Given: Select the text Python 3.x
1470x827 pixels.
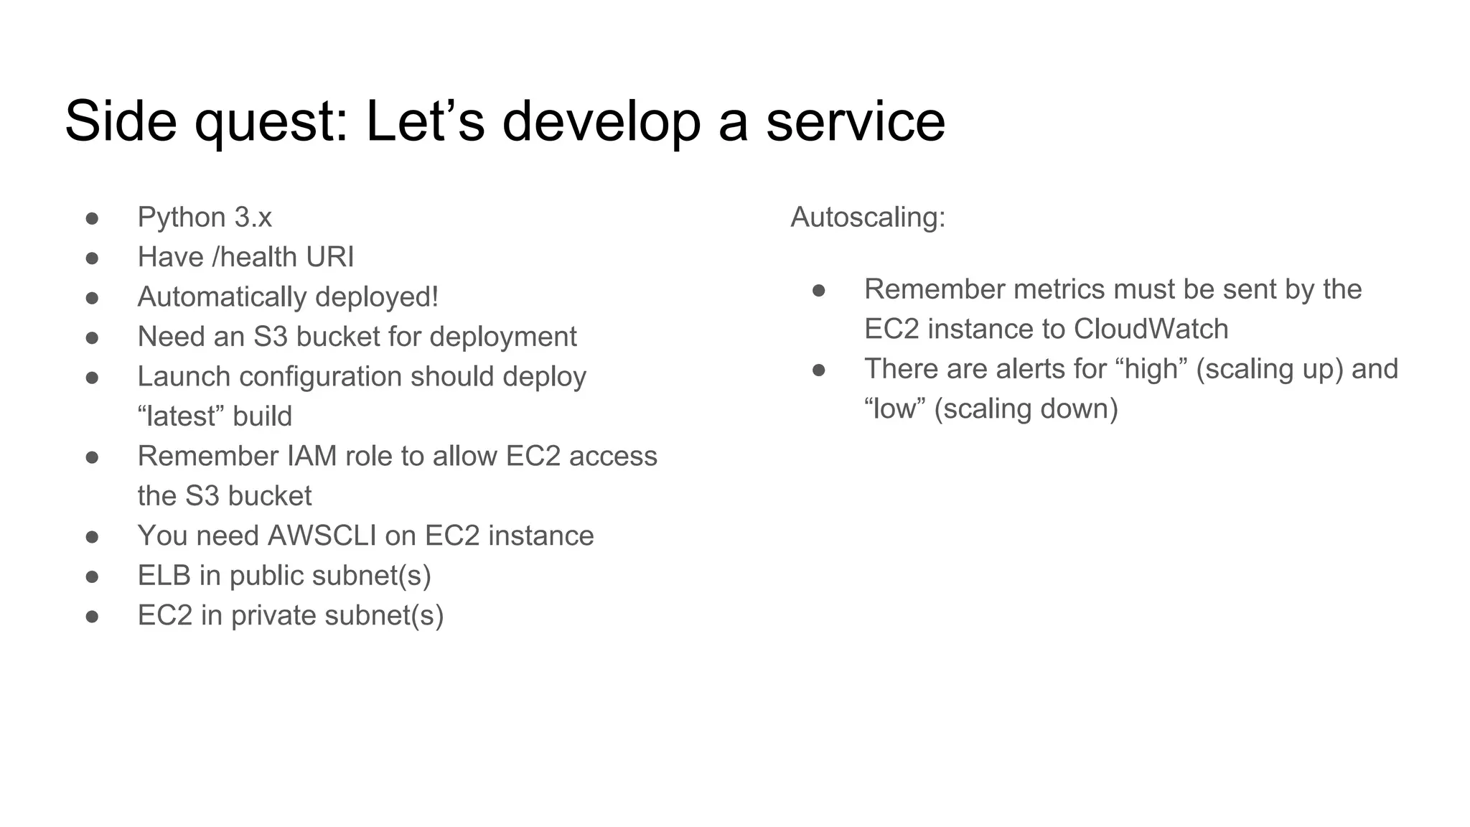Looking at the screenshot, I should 205,218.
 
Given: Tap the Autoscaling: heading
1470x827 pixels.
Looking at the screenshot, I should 868,218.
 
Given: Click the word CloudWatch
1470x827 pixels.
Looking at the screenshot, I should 1151,330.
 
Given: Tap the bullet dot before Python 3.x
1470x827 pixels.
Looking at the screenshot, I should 92,218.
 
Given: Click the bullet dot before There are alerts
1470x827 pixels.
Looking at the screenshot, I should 819,370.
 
